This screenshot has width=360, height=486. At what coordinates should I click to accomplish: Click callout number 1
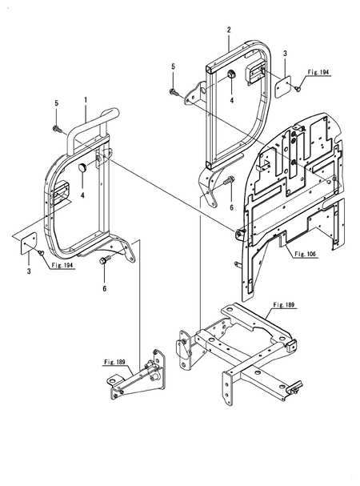[x=86, y=100]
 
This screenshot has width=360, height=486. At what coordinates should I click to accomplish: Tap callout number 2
[x=229, y=30]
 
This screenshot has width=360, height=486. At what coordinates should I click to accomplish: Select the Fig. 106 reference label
[x=305, y=254]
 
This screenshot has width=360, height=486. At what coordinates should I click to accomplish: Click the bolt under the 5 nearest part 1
[x=57, y=127]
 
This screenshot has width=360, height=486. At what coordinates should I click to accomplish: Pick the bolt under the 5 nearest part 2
[x=173, y=91]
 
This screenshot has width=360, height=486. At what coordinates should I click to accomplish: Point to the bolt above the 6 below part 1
[x=103, y=260]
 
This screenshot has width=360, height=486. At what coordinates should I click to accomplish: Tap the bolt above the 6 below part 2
[x=230, y=179]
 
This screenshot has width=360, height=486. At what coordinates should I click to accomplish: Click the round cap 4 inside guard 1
[x=82, y=167]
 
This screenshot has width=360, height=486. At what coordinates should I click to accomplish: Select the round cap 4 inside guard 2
[x=232, y=74]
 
